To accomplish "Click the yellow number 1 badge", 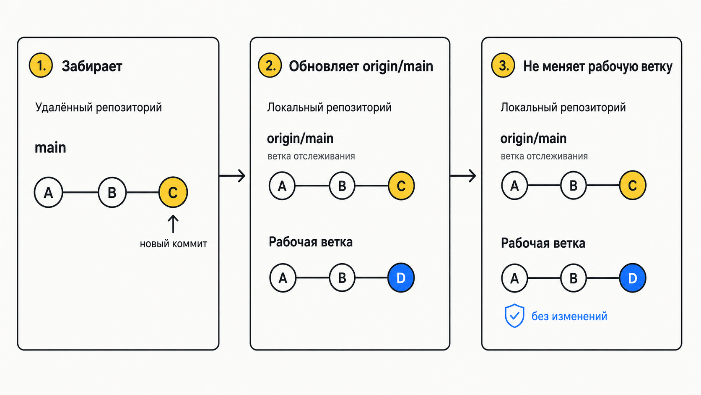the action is pos(41,65).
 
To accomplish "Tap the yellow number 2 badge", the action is pos(270,65).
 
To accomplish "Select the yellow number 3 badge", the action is pos(503,65).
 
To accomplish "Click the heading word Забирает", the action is pos(92,66).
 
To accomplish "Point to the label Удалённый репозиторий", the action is pos(98,107).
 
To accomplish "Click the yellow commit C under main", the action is pos(173,192).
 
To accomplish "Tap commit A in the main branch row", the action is pos(48,192).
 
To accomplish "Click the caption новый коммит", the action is pos(174,244).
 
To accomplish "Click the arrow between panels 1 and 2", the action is pos(232,176).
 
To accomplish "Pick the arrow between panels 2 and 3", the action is pos(463,176).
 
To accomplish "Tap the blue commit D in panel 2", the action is pos(401,277).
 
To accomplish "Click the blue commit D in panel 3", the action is pos(633,278).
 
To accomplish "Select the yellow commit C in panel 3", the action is pos(633,185).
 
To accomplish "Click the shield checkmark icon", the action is pos(514,316).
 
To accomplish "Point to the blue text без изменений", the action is pos(569,317).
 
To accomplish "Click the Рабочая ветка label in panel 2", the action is pos(310,242).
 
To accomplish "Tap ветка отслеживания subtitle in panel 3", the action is pos(544,156).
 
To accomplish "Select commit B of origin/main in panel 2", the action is pos(342,186).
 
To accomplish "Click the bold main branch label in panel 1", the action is pos(50,147).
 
